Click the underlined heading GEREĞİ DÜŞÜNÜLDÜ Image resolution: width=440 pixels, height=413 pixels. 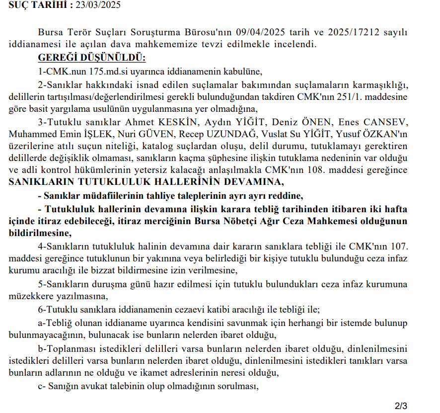(x=91, y=57)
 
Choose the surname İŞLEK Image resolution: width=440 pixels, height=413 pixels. (x=103, y=134)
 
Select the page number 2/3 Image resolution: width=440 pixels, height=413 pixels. (x=401, y=406)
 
